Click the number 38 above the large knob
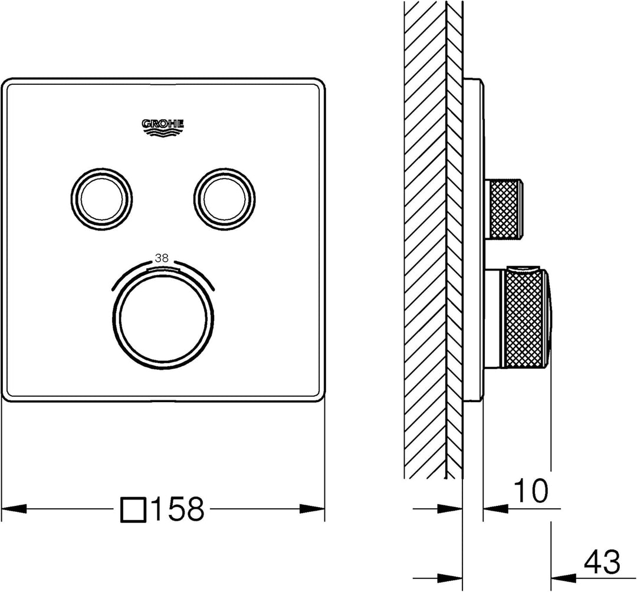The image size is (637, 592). click(x=163, y=258)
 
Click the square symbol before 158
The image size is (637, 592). click(x=133, y=508)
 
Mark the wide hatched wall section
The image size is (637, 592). click(x=425, y=236)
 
